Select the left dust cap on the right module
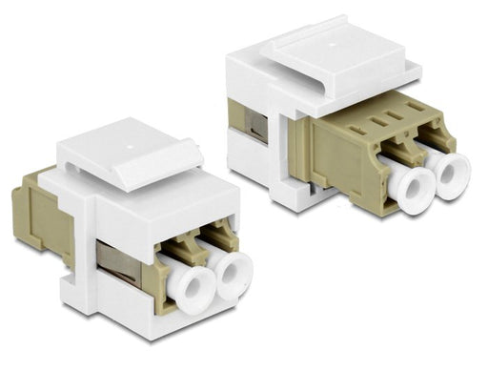[406, 190]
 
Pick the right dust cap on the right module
[448, 175]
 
